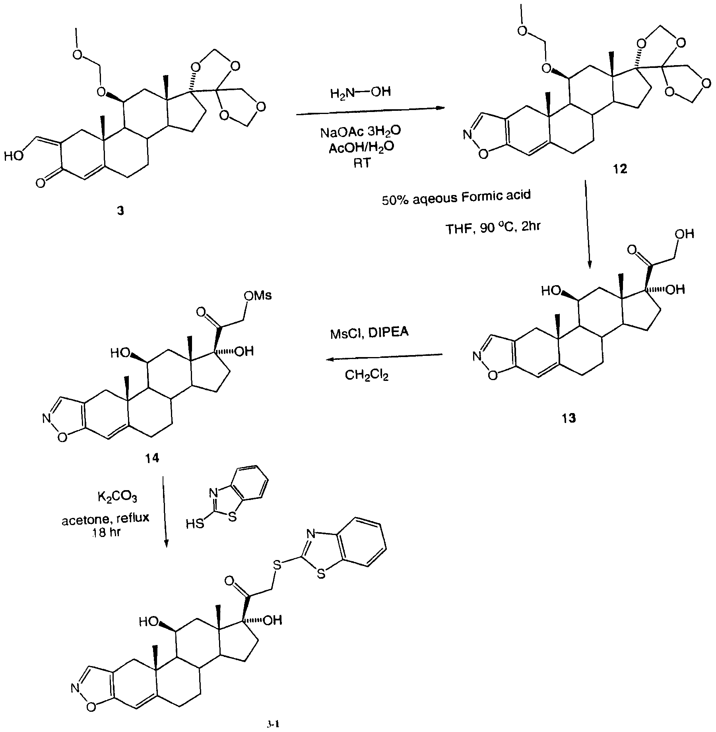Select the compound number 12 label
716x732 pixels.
click(x=620, y=169)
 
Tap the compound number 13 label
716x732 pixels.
click(x=569, y=418)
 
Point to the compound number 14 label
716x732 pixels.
click(x=152, y=458)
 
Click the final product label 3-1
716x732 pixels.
click(x=274, y=724)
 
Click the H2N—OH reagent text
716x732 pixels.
click(x=360, y=93)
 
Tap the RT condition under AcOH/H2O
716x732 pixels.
click(x=361, y=163)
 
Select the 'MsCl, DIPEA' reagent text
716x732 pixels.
click(x=369, y=333)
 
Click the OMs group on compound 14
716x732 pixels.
click(x=258, y=296)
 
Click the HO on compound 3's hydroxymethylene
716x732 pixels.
click(x=14, y=156)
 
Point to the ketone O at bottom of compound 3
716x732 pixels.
click(x=40, y=183)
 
